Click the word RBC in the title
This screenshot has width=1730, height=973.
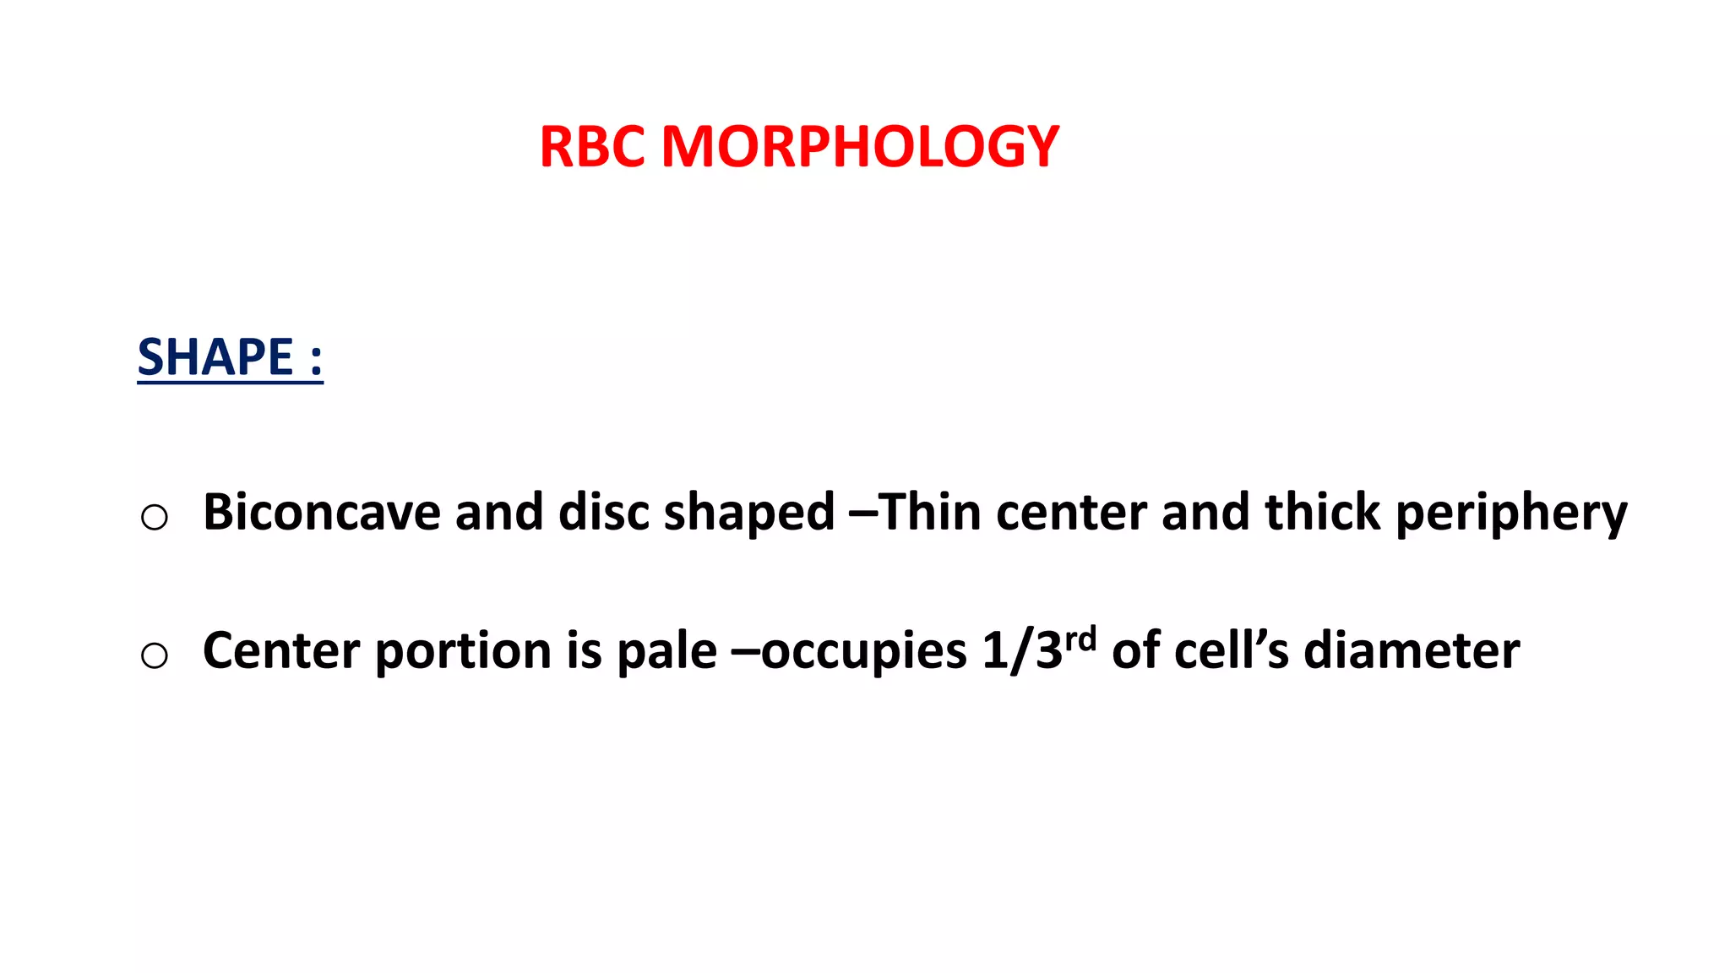point(594,147)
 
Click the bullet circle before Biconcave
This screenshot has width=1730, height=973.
point(155,517)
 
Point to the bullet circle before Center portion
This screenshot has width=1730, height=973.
point(155,655)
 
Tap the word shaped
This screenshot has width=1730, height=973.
point(748,514)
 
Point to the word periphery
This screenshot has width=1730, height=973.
point(1510,514)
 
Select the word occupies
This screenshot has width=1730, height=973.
point(863,653)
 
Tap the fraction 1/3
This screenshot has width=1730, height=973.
point(1021,651)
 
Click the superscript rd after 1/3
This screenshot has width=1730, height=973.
point(1080,639)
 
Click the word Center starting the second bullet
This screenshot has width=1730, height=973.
point(281,651)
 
